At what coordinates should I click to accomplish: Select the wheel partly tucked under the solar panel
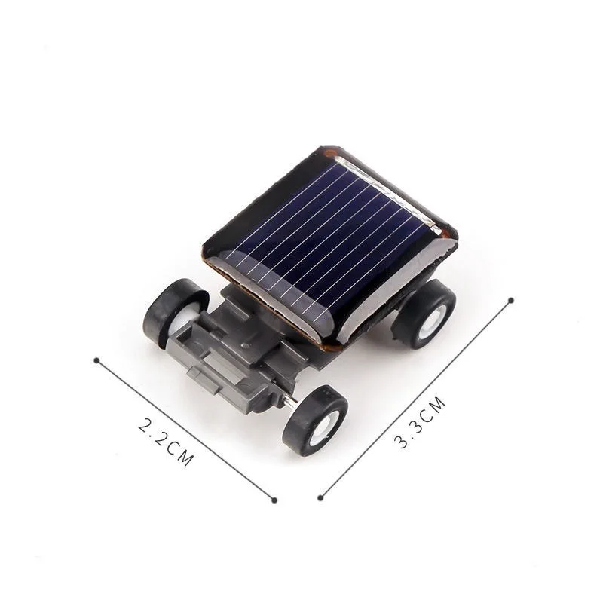tap(424, 313)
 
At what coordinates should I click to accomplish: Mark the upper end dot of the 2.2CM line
tap(96, 360)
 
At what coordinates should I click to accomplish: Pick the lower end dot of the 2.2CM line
tap(274, 499)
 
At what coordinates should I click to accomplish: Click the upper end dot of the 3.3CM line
tap(511, 300)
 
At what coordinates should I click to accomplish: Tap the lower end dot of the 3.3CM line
tap(320, 497)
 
